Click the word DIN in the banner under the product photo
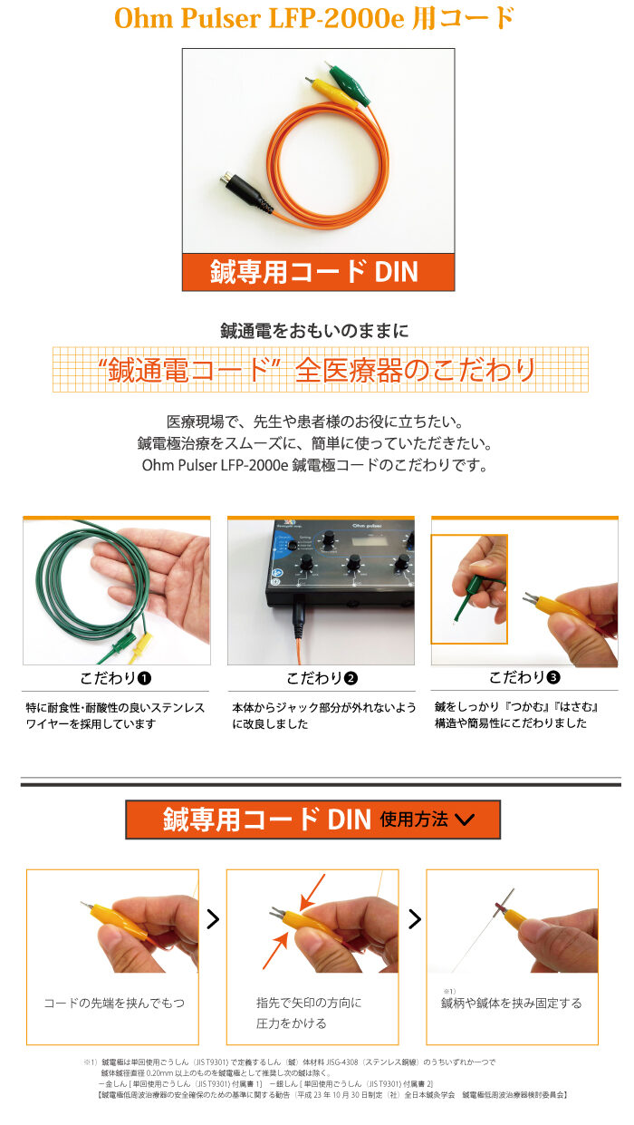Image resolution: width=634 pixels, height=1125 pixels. coord(396,272)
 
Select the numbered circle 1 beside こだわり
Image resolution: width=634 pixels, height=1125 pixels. coord(144,678)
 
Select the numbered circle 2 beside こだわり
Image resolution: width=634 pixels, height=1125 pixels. coord(351,678)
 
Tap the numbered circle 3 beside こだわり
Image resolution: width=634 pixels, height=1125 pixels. coord(553,677)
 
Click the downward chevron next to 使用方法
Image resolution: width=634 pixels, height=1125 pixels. coord(465,820)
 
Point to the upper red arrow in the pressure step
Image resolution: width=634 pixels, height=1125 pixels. coord(312,892)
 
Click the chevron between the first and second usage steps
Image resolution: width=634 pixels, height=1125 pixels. coord(213,919)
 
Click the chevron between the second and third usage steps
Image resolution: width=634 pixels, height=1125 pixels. coord(415,919)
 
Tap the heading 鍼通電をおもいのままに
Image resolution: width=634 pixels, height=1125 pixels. coord(315,331)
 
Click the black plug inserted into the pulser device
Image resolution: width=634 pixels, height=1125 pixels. coord(298,616)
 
